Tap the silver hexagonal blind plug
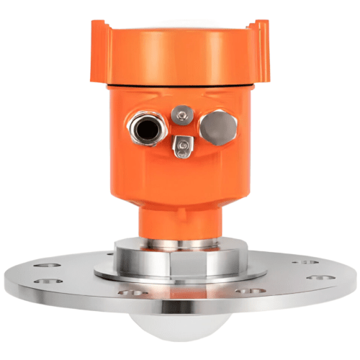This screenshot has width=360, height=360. (218, 127)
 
